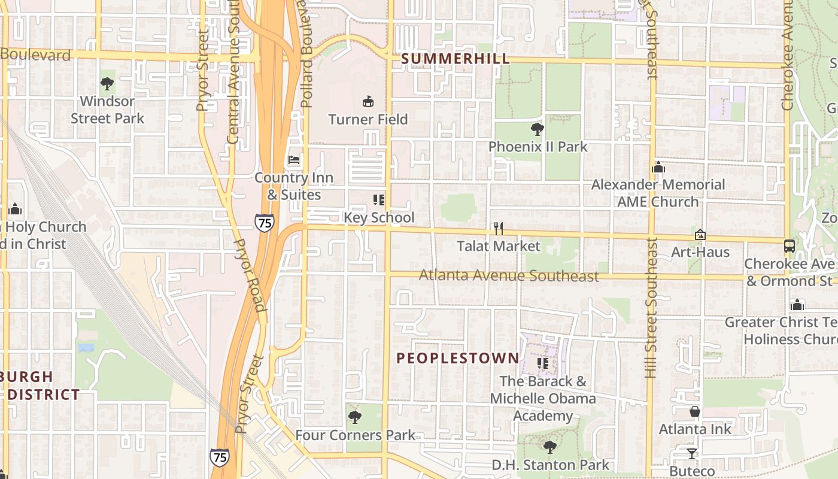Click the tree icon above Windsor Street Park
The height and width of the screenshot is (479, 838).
click(x=107, y=83)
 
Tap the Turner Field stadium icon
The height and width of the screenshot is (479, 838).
click(x=368, y=102)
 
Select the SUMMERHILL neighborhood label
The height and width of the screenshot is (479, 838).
click(x=456, y=59)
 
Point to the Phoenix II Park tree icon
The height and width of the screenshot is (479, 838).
click(x=537, y=129)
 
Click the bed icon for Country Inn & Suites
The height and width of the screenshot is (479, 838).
click(x=294, y=160)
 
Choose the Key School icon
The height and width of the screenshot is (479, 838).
click(x=379, y=200)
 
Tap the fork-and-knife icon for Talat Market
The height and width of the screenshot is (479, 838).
click(x=498, y=229)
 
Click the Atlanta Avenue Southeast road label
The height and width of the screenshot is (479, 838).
click(x=509, y=275)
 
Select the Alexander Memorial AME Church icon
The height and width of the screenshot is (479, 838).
click(x=658, y=167)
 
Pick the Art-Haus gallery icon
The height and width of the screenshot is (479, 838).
click(x=700, y=234)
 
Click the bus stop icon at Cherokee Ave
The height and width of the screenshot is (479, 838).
click(x=790, y=245)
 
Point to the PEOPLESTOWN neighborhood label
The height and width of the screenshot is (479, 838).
click(x=458, y=358)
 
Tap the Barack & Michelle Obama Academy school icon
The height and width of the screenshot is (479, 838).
click(x=543, y=363)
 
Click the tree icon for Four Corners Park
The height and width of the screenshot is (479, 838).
click(x=355, y=417)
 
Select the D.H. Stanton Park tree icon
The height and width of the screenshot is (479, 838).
click(x=549, y=447)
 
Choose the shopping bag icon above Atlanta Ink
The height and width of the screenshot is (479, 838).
click(x=695, y=411)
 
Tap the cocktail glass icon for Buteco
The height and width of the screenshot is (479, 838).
click(x=692, y=453)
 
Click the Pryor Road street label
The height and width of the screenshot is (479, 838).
click(x=251, y=275)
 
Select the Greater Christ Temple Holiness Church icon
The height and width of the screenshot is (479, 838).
click(x=797, y=305)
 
